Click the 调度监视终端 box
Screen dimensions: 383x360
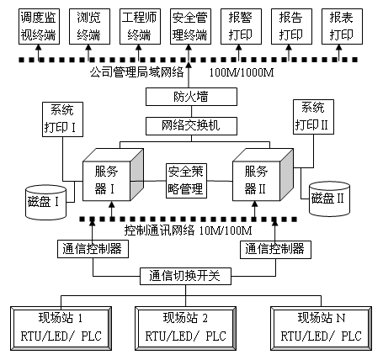point(39,26)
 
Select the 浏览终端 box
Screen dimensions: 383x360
point(89,26)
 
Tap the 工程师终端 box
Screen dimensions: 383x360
point(140,26)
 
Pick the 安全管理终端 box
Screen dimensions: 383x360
point(190,26)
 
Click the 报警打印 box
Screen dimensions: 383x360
point(241,26)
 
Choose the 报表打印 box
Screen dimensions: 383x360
point(342,26)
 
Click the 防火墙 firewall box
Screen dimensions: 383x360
point(191,97)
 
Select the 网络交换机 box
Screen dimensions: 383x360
point(191,126)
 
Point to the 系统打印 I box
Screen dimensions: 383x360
point(62,119)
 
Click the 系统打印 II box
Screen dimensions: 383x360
point(313,117)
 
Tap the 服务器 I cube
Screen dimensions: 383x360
point(113,175)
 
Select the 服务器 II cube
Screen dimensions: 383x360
point(263,175)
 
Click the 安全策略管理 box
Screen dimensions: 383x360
point(186,181)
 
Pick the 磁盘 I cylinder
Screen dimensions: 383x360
point(45,202)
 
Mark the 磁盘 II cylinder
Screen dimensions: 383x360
point(329,199)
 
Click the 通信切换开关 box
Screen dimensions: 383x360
point(185,276)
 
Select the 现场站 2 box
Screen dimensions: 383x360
point(185,328)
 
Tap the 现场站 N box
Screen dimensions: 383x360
point(322,328)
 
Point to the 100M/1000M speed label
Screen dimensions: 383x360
point(242,73)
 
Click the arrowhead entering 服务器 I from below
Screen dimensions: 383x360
point(112,204)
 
